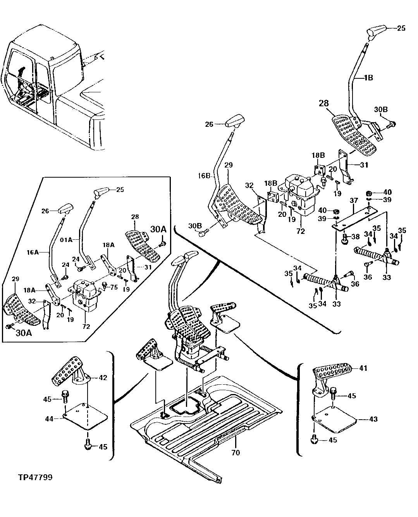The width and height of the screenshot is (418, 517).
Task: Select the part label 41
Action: pos(363,368)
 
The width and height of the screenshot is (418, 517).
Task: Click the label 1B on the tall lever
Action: pos(368,78)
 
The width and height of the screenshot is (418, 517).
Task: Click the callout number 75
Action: pos(113,287)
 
